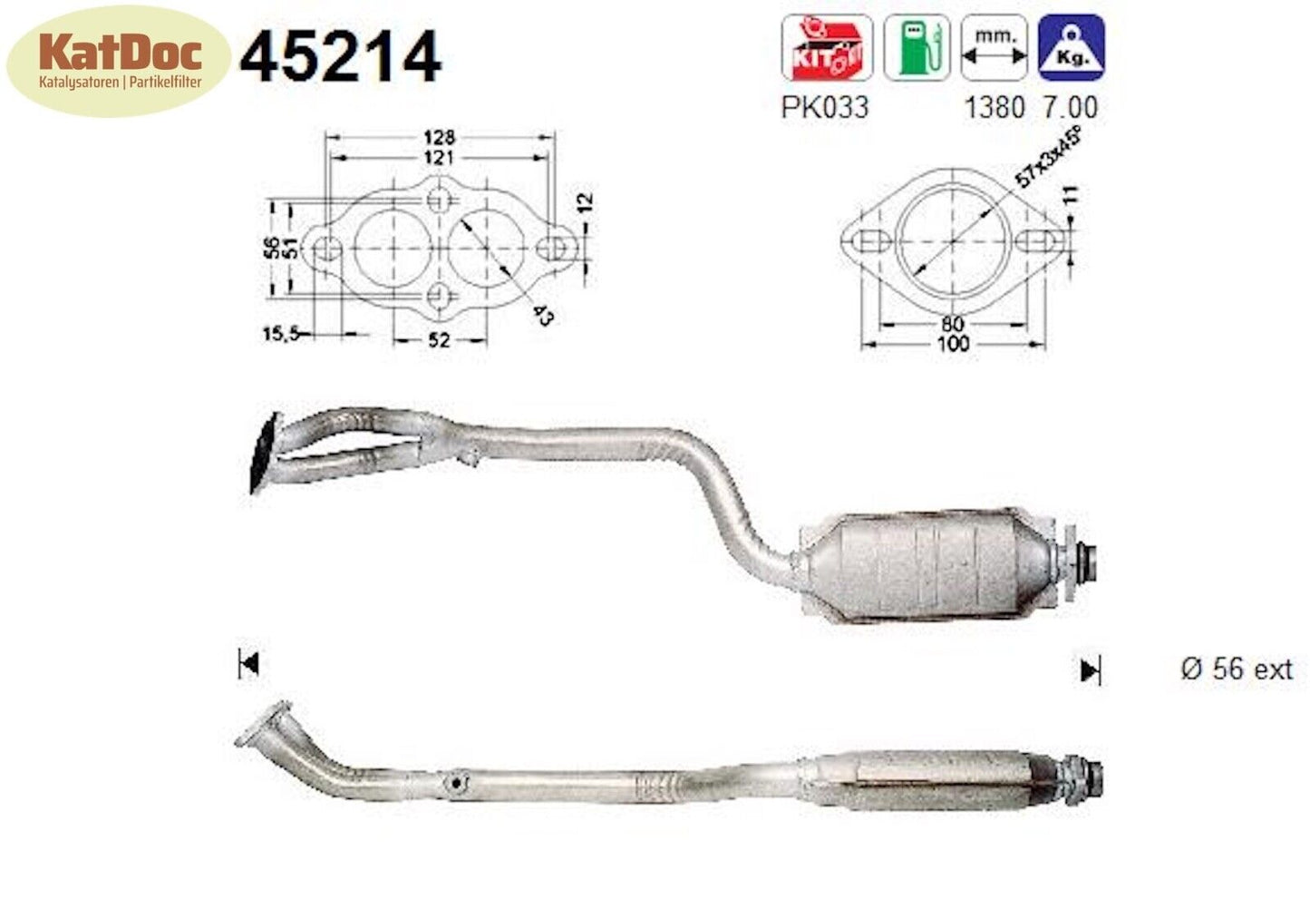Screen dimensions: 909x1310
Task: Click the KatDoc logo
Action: (118, 60)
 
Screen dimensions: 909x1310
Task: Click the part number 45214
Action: (340, 57)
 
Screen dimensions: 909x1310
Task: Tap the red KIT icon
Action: (826, 48)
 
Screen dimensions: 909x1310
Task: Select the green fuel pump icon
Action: (917, 48)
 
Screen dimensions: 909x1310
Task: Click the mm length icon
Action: (994, 48)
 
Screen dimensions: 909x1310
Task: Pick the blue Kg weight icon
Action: (1071, 48)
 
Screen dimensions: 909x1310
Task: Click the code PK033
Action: (824, 107)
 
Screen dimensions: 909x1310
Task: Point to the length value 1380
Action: (994, 107)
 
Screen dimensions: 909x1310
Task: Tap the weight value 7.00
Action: (1070, 107)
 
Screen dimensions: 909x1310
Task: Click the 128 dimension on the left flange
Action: (439, 138)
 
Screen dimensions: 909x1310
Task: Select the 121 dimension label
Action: (439, 158)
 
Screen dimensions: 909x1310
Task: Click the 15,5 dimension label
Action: (281, 334)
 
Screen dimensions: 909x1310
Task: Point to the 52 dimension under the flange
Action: (439, 340)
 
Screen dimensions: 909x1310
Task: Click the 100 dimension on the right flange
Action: (952, 344)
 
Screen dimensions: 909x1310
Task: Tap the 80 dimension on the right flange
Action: (952, 324)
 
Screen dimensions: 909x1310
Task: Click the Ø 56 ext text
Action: (1237, 670)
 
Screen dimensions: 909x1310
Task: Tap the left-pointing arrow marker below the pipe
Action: (248, 664)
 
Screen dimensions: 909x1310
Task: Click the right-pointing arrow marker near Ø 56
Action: (1090, 670)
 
